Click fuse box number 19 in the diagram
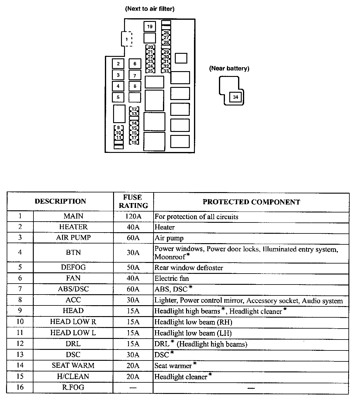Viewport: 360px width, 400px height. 150,27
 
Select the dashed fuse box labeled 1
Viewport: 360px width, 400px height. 127,39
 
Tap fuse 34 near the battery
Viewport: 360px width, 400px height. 235,97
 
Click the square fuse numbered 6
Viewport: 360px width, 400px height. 135,64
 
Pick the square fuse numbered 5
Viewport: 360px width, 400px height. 118,97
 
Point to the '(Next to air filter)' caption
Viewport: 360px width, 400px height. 150,9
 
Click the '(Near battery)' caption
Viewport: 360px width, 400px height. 229,68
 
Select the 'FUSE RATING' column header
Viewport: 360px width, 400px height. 133,202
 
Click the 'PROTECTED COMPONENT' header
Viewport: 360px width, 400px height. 251,202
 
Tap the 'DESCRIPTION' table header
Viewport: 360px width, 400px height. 60,201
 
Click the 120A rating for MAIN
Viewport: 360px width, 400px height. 133,217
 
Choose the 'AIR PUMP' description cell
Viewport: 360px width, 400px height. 73,238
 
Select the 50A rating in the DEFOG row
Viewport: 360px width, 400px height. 133,267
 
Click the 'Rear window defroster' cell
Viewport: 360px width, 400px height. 189,268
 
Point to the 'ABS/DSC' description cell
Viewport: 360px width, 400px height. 73,289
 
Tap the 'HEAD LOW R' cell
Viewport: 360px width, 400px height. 73,322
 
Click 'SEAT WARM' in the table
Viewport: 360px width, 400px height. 73,366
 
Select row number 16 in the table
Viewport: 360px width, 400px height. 20,388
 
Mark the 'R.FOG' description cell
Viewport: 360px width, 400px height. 73,388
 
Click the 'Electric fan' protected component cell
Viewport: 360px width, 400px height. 171,278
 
